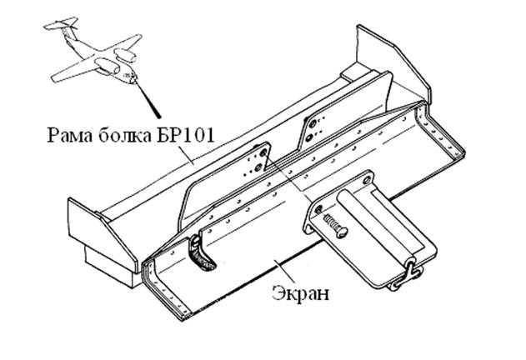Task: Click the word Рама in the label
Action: pos(70,135)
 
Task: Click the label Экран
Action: pos(300,292)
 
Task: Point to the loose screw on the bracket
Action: pos(335,226)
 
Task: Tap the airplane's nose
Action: pos(133,80)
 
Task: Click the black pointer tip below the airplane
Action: pos(157,115)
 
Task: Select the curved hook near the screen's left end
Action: pos(202,254)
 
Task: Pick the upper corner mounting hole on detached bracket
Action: pos(368,180)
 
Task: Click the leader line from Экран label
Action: pos(284,271)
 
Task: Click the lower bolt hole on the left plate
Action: pos(258,167)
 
